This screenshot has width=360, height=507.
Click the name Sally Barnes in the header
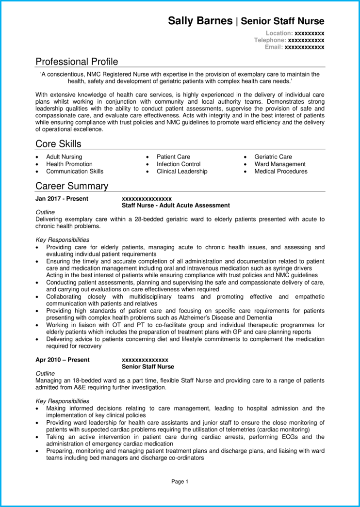coord(200,21)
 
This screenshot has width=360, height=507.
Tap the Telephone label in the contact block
coord(270,40)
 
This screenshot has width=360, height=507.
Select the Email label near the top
coord(274,47)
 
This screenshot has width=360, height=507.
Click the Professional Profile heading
coord(77,62)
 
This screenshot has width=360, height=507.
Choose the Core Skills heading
coord(58,144)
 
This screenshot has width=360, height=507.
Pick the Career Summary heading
coord(72,186)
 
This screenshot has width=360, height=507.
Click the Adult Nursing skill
coord(64,157)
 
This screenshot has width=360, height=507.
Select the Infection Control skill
coord(178,164)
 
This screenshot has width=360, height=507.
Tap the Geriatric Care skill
coord(273,157)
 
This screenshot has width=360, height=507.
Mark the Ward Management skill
coord(280,164)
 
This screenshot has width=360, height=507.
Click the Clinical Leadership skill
coord(182,172)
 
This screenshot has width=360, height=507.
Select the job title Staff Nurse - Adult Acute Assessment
coord(176,206)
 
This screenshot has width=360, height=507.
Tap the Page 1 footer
coord(180,481)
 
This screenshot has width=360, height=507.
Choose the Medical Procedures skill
coord(281,172)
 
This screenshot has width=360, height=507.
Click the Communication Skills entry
coord(75,172)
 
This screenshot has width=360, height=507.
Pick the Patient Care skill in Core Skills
coord(173,157)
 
